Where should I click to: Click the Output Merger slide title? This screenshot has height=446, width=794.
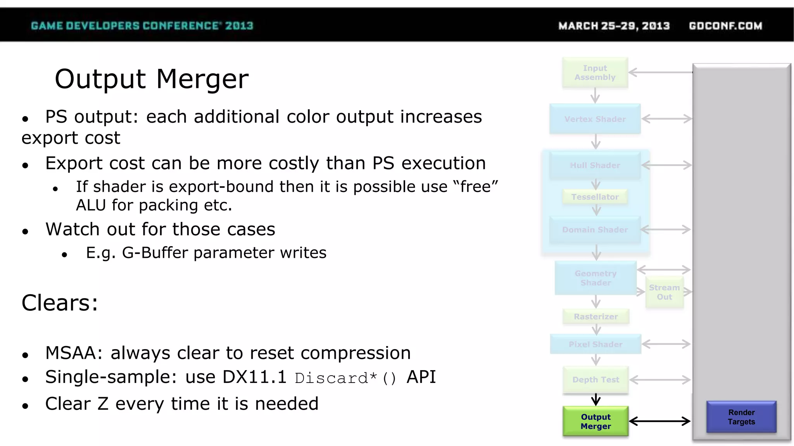tap(152, 79)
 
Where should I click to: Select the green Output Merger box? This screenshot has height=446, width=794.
tap(595, 422)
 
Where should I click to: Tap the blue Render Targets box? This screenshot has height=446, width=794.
tap(741, 417)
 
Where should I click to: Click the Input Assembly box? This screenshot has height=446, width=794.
tap(595, 73)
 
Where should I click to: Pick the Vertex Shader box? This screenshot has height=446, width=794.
tap(595, 119)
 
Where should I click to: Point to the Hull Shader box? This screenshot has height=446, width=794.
tap(595, 165)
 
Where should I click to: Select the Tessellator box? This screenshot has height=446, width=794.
tap(595, 197)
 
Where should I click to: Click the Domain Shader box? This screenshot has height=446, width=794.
tap(595, 230)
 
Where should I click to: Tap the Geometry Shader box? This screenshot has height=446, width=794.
tap(595, 278)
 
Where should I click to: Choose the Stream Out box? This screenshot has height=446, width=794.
tap(664, 292)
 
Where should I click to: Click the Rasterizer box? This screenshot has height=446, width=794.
tap(595, 316)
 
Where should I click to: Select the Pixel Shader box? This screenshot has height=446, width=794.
tap(595, 344)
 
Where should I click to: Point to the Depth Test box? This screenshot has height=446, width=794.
tap(595, 380)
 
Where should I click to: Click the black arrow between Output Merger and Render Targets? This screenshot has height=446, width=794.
tap(659, 421)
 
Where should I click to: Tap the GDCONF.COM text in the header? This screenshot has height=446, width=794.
tap(725, 26)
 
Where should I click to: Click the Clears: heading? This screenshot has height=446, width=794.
tap(60, 303)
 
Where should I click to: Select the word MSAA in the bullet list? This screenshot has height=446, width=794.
tap(73, 353)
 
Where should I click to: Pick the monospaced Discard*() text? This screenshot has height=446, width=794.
tap(345, 378)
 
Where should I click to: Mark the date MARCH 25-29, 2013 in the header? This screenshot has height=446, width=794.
tap(614, 26)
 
